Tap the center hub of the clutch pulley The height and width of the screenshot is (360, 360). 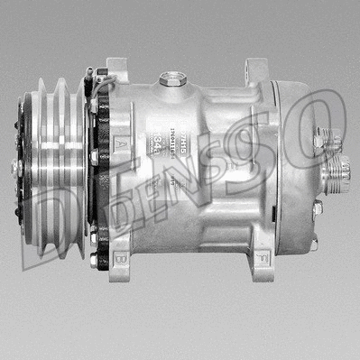[17, 167]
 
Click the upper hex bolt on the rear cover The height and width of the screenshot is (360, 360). [318, 143]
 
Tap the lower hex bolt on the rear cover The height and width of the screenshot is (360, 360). [317, 209]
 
